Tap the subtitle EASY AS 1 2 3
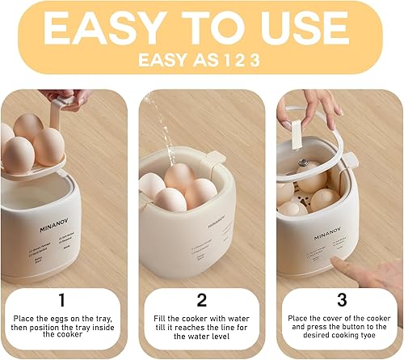coord(201,59)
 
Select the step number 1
coord(63,300)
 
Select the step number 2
coord(202,300)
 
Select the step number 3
coord(341,300)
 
